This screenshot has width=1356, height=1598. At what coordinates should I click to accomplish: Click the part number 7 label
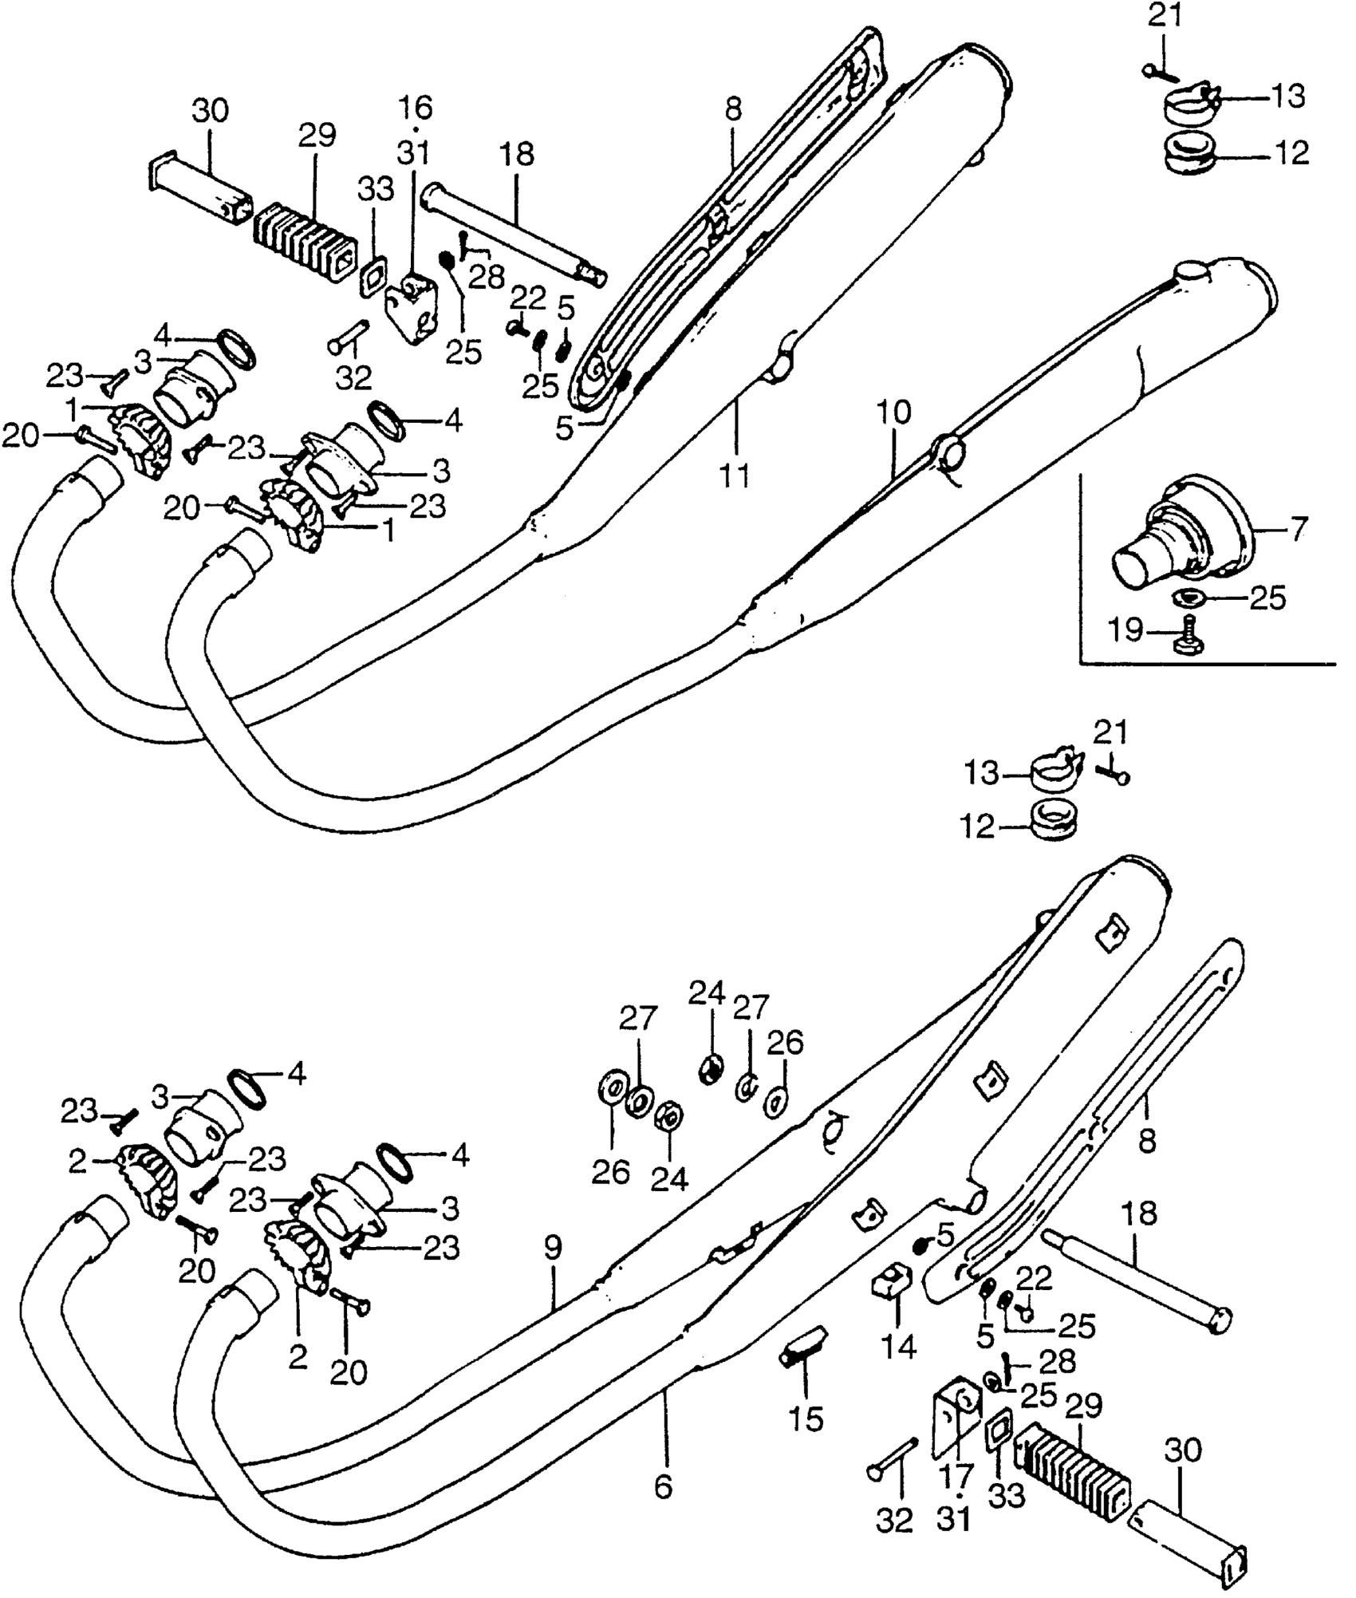1299,529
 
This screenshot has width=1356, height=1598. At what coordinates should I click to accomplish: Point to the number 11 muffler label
735,475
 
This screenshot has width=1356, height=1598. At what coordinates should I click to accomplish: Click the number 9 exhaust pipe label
553,1248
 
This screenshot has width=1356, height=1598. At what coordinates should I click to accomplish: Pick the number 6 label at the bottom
663,1486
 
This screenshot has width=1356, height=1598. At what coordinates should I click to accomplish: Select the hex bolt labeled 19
1189,638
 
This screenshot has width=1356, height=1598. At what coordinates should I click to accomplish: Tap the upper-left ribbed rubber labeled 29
303,242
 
